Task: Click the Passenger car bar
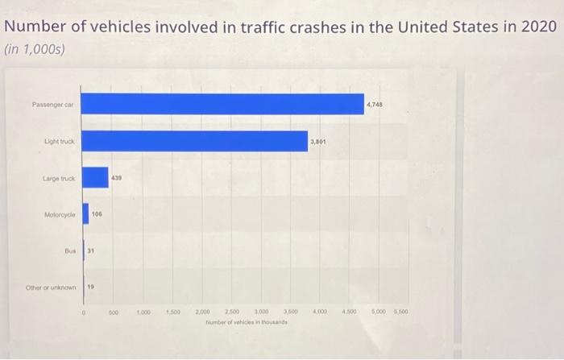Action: pos(223,104)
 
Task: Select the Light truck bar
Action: pos(195,141)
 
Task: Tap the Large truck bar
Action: pos(95,177)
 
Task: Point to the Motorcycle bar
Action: pos(85,214)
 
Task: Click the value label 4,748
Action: pos(375,105)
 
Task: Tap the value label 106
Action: pos(97,214)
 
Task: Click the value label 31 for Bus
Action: pos(91,250)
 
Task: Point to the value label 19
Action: pos(90,287)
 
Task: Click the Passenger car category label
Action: pos(53,105)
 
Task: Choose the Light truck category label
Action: pos(59,141)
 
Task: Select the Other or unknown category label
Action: pos(50,288)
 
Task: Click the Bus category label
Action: pos(69,250)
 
